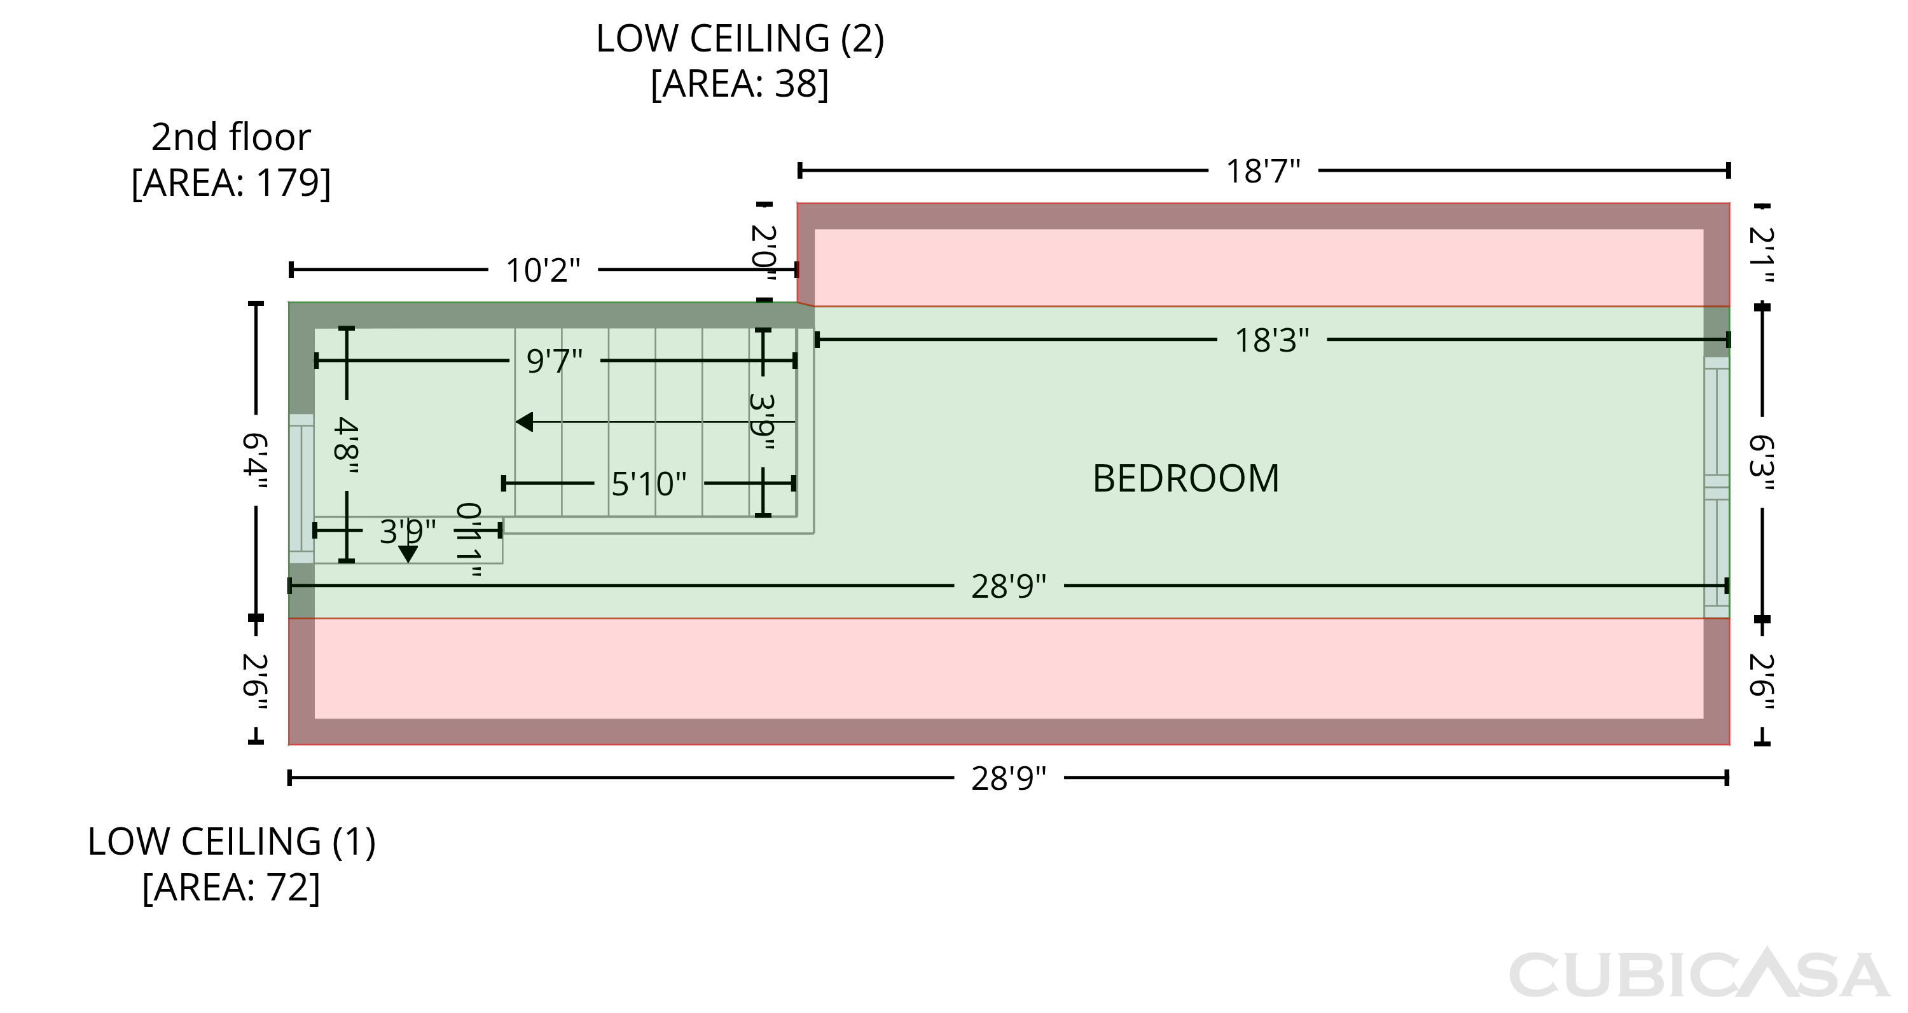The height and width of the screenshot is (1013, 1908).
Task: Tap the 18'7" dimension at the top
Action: pos(1263,171)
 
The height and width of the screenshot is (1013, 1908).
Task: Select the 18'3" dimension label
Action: pos(1272,341)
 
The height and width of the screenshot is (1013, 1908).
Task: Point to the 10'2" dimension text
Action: pos(543,270)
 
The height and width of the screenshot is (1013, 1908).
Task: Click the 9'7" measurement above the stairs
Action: pos(555,361)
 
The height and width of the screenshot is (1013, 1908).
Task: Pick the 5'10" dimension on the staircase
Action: pos(649,485)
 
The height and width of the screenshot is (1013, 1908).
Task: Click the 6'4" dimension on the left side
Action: pos(255,461)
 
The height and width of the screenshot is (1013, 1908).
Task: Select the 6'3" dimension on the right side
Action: pos(1761,463)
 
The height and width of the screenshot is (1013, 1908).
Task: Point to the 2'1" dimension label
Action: pos(1761,255)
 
